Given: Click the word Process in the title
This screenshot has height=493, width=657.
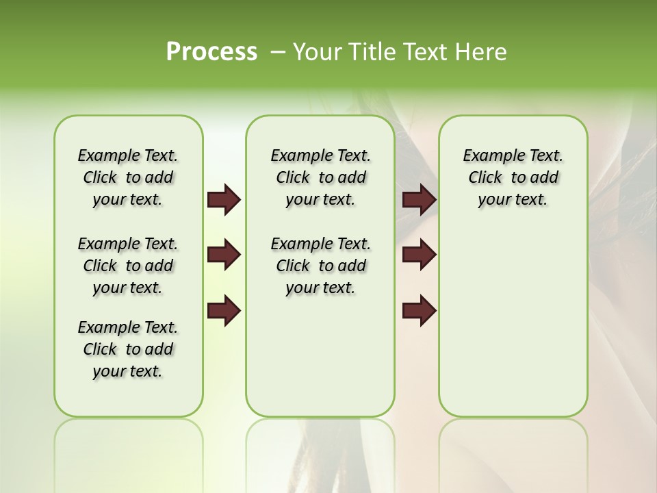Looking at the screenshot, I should point(211,52).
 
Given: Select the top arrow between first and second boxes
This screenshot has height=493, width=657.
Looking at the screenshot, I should point(224,200).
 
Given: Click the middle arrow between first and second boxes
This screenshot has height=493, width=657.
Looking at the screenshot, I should point(224,255).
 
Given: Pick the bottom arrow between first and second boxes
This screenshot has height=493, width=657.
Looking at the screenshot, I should point(224,312).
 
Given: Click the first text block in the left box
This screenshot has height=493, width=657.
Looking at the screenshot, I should point(128,177).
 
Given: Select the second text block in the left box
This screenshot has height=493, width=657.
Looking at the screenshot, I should point(128,266).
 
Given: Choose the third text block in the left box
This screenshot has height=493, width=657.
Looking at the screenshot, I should point(128,349).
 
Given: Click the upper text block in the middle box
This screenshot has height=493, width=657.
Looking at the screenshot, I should point(320,177).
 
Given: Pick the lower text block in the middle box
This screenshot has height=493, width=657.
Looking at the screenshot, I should point(320,266).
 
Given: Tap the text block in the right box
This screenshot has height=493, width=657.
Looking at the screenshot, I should point(513,177).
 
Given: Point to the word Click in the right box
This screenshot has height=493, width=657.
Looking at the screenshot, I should point(485,178).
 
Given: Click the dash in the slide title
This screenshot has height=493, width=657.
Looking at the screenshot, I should point(278,52).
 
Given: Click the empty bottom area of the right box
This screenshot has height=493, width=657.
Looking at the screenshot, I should point(513,329).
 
